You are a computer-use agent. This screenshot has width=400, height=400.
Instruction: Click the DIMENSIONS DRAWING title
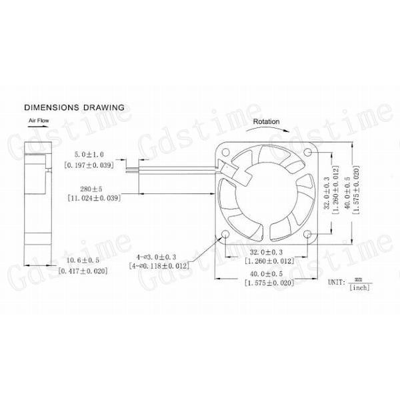click(x=74, y=107)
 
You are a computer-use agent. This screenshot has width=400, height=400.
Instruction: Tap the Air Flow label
click(x=39, y=121)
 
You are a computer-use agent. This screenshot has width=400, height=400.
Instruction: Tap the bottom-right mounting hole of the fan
click(x=307, y=235)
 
